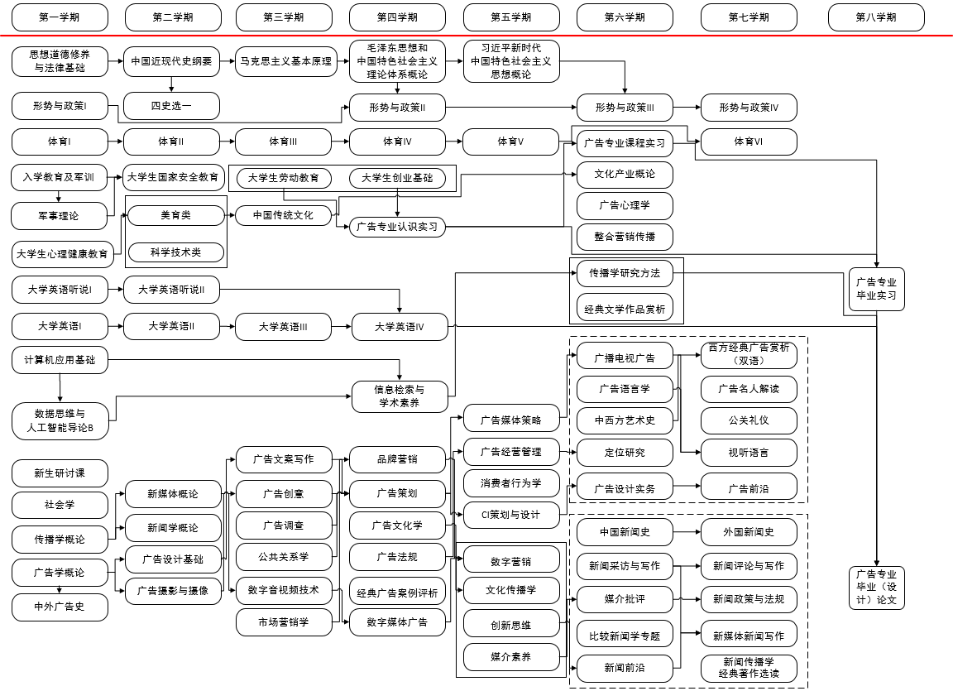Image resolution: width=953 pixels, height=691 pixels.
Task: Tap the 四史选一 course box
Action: pos(172,106)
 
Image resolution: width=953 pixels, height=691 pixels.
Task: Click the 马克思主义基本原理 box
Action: pos(286,61)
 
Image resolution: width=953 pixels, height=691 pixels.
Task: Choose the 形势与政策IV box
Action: pos(749,107)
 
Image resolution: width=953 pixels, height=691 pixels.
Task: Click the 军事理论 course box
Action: pos(60,216)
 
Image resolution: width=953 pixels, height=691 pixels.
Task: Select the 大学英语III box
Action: pos(283,327)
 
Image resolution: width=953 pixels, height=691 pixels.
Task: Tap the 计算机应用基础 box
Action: pos(60,360)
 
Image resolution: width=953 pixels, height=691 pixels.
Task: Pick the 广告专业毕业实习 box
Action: pos(877,289)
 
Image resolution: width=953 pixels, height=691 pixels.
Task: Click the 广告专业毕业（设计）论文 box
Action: pos(877,588)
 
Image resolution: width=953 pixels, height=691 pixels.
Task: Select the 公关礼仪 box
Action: pos(749,420)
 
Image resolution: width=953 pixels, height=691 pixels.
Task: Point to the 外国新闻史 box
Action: pos(749,531)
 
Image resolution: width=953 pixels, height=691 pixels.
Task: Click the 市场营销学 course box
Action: pos(283,621)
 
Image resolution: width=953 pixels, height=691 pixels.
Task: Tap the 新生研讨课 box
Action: pos(60,473)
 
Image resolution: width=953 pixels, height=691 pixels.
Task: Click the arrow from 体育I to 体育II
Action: pos(116,142)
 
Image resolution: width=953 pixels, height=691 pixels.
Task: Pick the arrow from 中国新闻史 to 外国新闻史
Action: pos(687,531)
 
